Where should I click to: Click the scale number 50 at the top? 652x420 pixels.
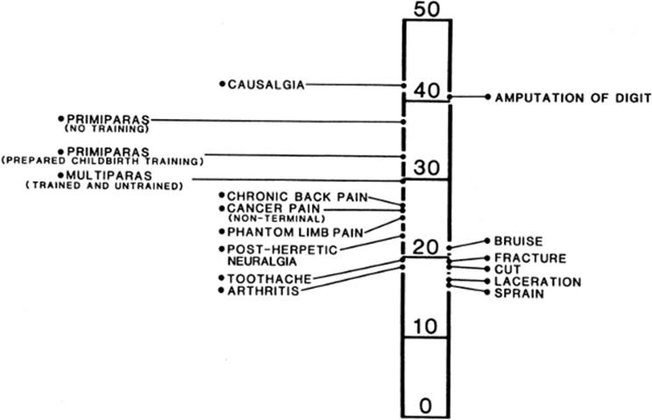[426, 10]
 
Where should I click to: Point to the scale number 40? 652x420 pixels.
[426, 90]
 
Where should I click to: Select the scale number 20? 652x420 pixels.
[426, 247]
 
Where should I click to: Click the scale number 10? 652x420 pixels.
[426, 326]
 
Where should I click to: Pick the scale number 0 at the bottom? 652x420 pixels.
[426, 405]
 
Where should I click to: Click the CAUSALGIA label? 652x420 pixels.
[266, 85]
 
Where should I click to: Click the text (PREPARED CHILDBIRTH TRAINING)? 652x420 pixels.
[103, 161]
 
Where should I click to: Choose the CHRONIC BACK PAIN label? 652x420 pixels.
[297, 196]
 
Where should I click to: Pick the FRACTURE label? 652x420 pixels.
[530, 258]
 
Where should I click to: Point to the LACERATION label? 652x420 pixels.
[537, 282]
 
